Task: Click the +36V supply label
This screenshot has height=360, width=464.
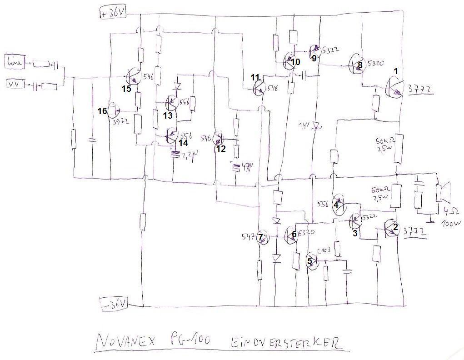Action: pos(112,14)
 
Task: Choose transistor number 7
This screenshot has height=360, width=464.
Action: pos(263,238)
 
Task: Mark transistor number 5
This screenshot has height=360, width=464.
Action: pos(313,261)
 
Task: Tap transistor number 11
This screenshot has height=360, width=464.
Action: pos(259,85)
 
